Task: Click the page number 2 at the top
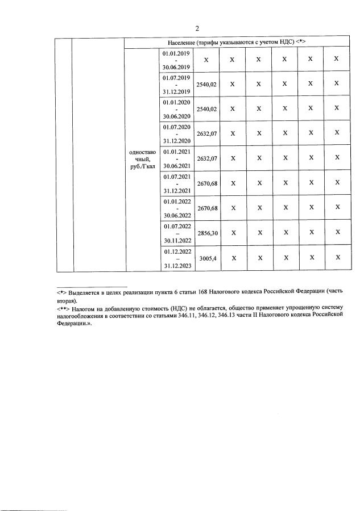[x=197, y=28]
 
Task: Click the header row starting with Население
[x=237, y=43]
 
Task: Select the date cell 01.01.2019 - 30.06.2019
[x=176, y=60]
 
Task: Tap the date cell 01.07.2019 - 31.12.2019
[x=176, y=84]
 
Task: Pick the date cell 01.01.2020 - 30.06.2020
[x=176, y=108]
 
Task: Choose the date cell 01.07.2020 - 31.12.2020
[x=176, y=133]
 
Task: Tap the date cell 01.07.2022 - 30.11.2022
[x=176, y=233]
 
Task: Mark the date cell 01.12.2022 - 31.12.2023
[x=176, y=258]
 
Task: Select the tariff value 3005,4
[x=206, y=258]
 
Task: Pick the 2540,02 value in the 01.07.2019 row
[x=206, y=84]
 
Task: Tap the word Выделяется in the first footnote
[x=85, y=291]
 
